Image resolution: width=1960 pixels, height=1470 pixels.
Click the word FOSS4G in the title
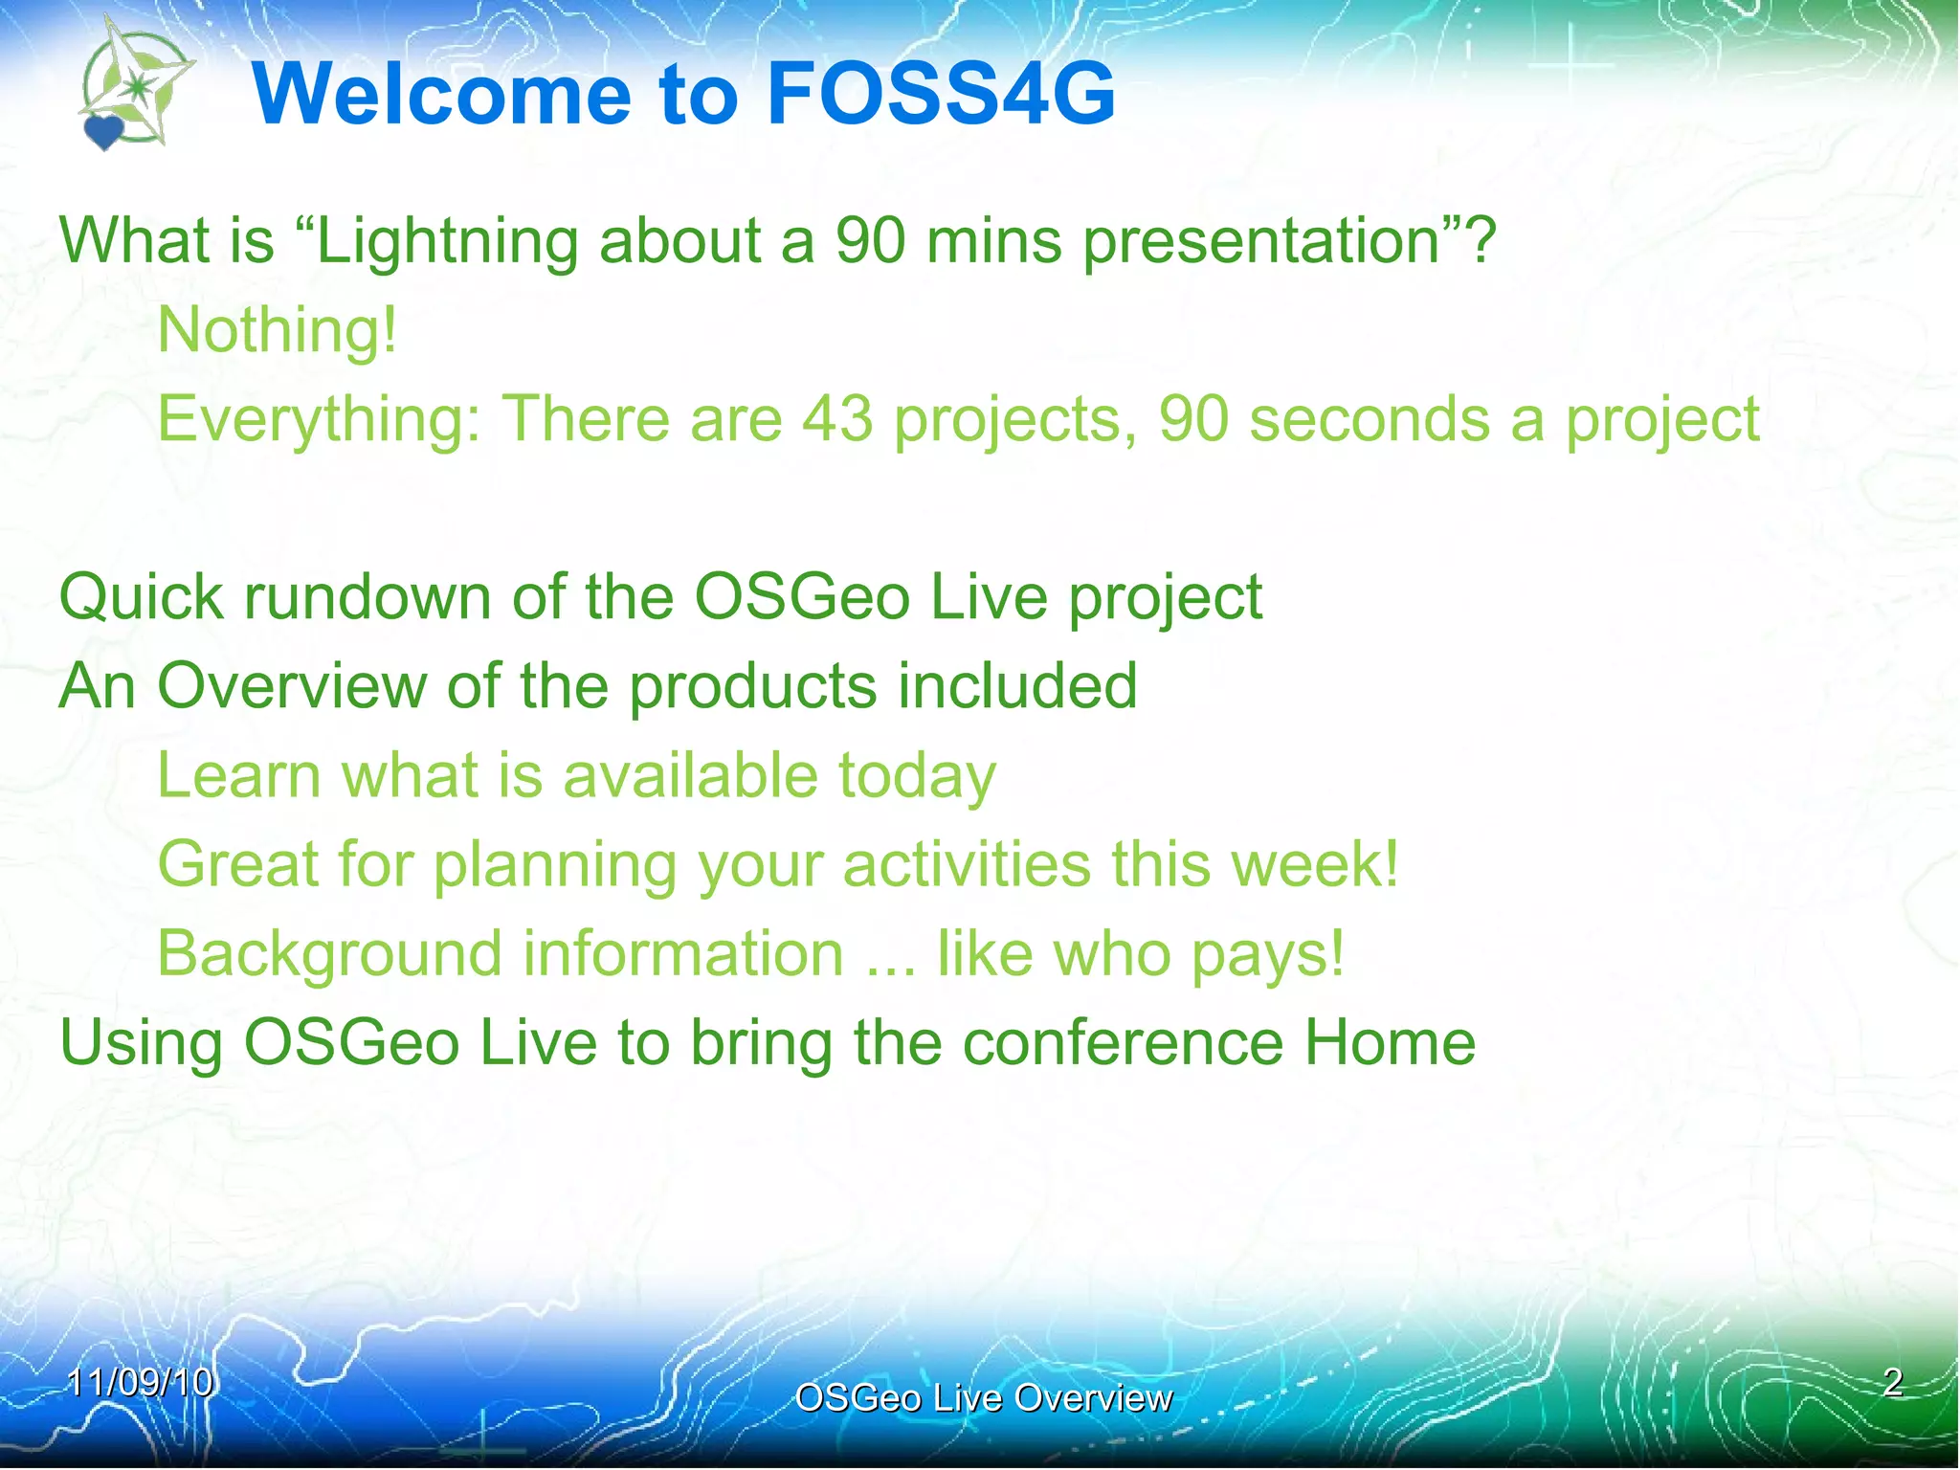point(941,94)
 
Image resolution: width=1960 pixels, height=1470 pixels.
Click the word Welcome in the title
point(441,94)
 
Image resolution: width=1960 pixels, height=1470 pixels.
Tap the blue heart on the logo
point(103,132)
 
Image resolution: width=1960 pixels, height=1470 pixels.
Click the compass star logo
point(140,86)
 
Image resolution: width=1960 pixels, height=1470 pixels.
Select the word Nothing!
point(277,330)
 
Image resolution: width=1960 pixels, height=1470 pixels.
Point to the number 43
point(837,419)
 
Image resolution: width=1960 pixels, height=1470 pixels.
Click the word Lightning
point(446,241)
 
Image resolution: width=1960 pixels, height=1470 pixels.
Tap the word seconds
point(1370,419)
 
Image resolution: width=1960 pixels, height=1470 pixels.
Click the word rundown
point(367,597)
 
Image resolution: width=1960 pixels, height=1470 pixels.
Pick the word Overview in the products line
point(291,686)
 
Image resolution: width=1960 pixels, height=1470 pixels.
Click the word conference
point(1123,1042)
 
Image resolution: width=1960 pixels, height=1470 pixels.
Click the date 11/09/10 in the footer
point(141,1382)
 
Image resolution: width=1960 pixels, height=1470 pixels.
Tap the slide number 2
point(1892,1382)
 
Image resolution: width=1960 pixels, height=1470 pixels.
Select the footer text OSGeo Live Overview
point(983,1398)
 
